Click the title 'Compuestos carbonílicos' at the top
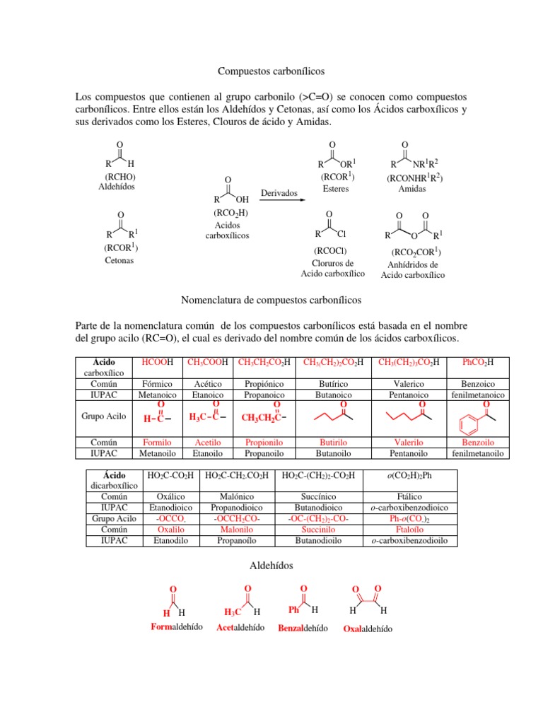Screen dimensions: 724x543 (270, 71)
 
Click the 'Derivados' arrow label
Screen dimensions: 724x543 (279, 193)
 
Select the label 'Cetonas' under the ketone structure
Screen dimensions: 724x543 (119, 260)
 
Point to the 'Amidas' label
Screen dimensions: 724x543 (412, 189)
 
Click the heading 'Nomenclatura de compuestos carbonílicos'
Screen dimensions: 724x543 (271, 300)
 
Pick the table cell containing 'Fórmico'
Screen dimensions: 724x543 (158, 384)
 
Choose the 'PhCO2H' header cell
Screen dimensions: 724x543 (477, 363)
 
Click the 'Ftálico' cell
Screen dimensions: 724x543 (410, 497)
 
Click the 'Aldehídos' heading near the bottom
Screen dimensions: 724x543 (271, 566)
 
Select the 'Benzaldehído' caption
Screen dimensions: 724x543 (303, 628)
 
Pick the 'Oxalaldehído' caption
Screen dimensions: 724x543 (368, 629)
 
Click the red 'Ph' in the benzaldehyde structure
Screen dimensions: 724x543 (294, 609)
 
